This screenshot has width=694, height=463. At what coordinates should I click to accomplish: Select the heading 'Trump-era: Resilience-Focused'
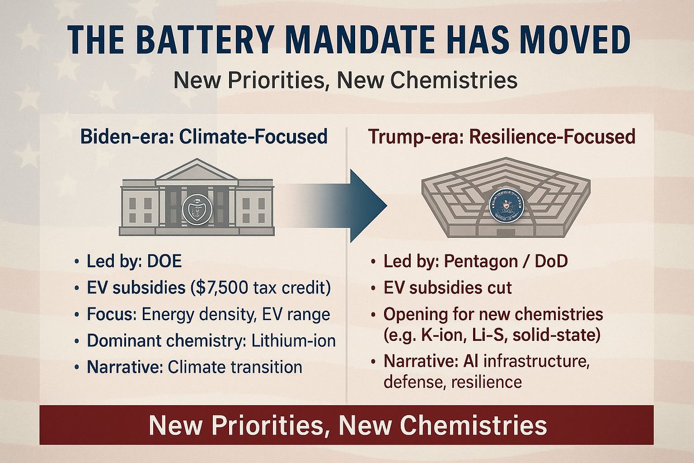(501, 137)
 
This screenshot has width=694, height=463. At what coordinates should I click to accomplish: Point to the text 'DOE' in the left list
(164, 261)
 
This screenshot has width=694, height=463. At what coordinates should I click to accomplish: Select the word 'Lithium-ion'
(294, 340)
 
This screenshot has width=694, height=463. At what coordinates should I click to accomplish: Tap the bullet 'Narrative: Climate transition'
(194, 367)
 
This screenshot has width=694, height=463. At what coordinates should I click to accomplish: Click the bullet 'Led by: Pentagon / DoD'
(475, 261)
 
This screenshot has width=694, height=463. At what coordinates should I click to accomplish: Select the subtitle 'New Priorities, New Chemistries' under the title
(345, 80)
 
